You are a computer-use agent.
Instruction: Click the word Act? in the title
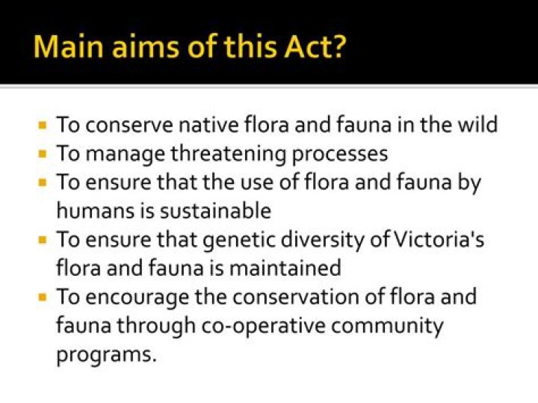(x=315, y=46)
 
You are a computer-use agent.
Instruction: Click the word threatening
(x=228, y=153)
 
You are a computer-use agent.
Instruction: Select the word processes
(x=340, y=155)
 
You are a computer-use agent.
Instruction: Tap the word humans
(x=96, y=210)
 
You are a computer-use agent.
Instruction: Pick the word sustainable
(x=216, y=210)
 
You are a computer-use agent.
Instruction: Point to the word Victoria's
(x=439, y=239)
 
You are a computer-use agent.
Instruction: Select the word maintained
(x=285, y=268)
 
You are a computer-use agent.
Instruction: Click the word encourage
(x=137, y=298)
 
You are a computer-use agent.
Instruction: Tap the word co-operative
(x=263, y=326)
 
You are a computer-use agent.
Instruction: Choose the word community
(x=387, y=326)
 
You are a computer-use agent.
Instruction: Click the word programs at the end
(x=106, y=355)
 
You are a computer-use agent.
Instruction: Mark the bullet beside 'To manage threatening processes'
(x=43, y=154)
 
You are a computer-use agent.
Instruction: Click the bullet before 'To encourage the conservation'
(x=43, y=297)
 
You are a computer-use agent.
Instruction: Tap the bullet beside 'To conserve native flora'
(x=43, y=125)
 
